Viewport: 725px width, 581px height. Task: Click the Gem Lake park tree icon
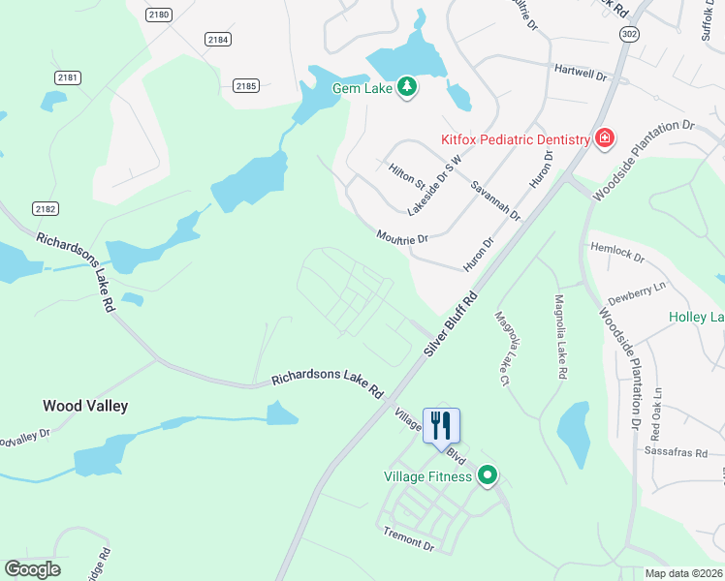click(x=408, y=87)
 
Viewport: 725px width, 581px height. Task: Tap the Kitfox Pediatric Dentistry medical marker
click(x=604, y=139)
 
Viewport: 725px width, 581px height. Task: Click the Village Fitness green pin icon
click(x=489, y=475)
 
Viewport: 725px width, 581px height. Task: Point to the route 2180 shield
click(x=159, y=15)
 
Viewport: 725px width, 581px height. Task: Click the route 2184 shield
click(x=218, y=39)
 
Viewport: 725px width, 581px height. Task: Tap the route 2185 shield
click(x=246, y=86)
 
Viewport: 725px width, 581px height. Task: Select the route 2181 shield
click(x=67, y=76)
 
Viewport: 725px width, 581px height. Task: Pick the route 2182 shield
click(x=45, y=208)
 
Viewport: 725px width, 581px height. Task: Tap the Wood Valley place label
click(x=85, y=407)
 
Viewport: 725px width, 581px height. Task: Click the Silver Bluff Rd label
click(x=452, y=324)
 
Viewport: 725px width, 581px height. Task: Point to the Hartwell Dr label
click(x=580, y=74)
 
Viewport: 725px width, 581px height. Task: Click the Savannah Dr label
click(x=495, y=200)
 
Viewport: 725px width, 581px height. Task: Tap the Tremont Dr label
click(x=408, y=539)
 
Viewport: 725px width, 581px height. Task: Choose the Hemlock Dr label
click(x=617, y=254)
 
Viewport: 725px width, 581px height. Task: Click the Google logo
click(x=32, y=569)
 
